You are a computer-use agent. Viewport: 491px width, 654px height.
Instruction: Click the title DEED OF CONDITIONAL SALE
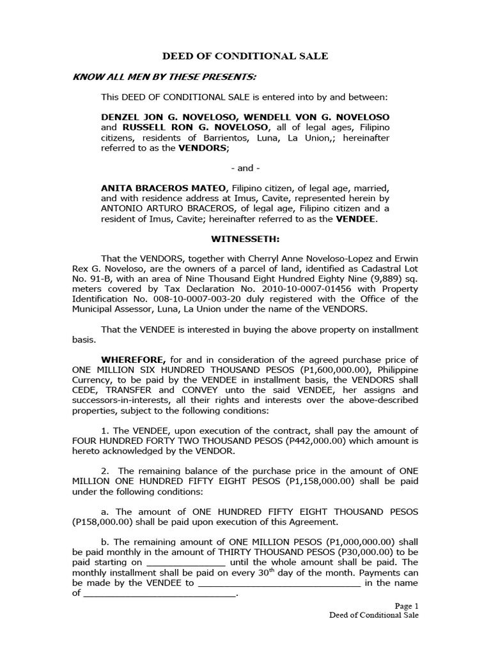(245, 56)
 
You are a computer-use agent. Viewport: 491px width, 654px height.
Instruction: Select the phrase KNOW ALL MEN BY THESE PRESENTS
(165, 77)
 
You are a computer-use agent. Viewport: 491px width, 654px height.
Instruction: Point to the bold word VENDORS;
(203, 148)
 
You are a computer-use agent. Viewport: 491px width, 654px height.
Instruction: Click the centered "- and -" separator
(245, 168)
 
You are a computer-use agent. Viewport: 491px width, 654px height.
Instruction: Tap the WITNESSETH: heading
(245, 239)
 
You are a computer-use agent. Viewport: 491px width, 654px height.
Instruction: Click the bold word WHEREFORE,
(133, 360)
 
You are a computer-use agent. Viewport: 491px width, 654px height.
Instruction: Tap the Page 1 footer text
(407, 605)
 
